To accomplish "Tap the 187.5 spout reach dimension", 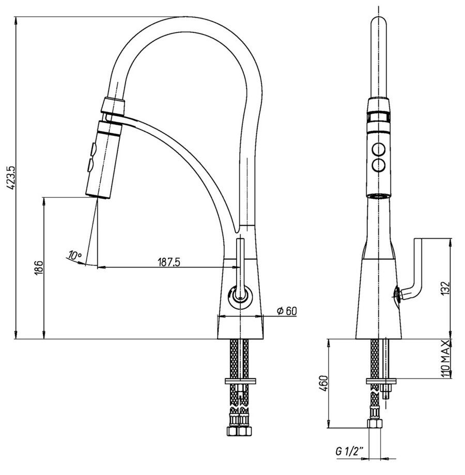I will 168,262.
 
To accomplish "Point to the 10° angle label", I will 75,255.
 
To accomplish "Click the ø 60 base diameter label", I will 287,311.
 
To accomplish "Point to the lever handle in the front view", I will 419,268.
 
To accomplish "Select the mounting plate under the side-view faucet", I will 241,382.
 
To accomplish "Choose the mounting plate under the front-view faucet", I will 381,382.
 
